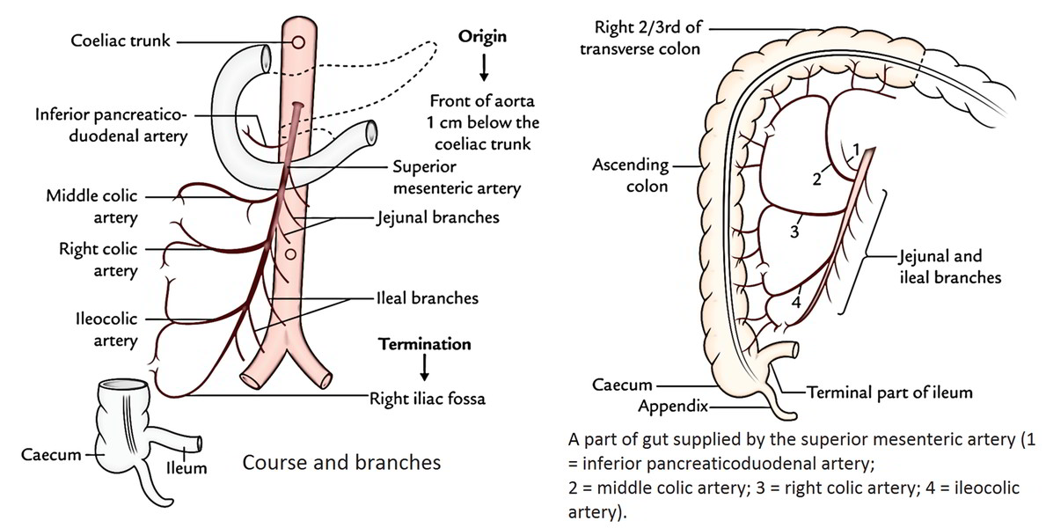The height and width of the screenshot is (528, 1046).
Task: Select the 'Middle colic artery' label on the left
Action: pos(92,207)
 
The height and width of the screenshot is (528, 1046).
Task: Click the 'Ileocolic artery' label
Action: pos(104,328)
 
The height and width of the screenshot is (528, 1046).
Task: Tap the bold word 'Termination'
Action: pos(424,343)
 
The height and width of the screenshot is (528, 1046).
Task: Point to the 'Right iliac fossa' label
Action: pos(428,398)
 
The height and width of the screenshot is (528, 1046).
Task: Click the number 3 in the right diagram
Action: pos(794,231)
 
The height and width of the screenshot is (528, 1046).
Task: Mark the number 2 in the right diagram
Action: pos(816,179)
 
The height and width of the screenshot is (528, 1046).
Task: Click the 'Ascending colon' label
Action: pos(629,175)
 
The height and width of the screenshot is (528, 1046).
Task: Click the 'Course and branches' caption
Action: pos(340,461)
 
